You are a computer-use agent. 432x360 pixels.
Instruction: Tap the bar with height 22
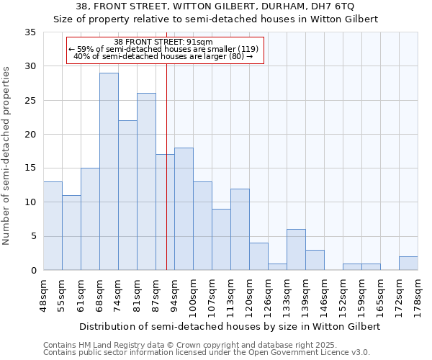(x=127, y=195)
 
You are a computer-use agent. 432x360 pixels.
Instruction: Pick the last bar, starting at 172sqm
(x=408, y=264)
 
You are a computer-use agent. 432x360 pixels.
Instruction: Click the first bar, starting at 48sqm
(x=53, y=226)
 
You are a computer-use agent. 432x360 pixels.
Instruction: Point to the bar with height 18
(x=184, y=209)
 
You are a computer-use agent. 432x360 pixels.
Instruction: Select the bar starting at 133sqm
(x=296, y=250)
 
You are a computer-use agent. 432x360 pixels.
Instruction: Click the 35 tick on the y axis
(x=30, y=32)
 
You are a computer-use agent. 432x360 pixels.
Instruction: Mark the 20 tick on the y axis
(x=30, y=135)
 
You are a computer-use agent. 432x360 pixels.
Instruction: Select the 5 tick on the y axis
(x=33, y=236)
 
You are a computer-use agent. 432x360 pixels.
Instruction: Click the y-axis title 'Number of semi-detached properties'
(x=7, y=155)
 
